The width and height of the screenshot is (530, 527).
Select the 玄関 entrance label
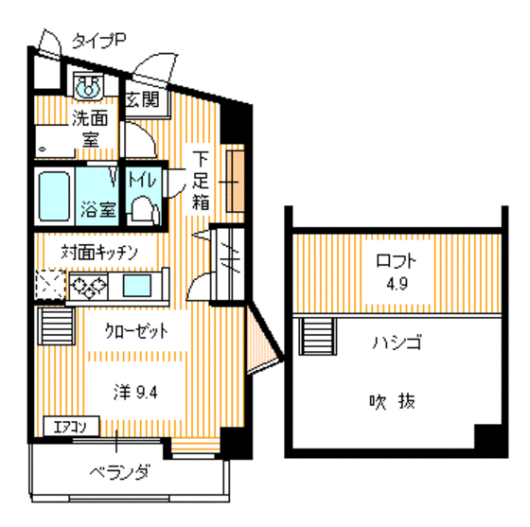pyautogui.click(x=143, y=98)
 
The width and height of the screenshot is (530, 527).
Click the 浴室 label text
pyautogui.click(x=97, y=208)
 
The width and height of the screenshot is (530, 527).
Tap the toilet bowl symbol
pyautogui.click(x=142, y=207)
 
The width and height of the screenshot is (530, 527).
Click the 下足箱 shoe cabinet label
pyautogui.click(x=201, y=179)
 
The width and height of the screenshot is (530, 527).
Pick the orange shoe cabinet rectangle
pyautogui.click(x=235, y=179)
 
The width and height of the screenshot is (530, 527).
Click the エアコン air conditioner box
pyautogui.click(x=65, y=426)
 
